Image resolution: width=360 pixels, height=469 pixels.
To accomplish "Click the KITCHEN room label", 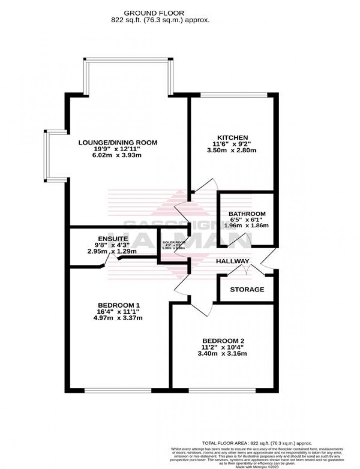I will click(232, 137).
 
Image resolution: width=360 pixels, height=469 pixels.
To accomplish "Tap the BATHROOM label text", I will click(247, 214).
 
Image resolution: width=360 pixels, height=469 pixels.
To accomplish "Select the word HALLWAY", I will click(233, 261).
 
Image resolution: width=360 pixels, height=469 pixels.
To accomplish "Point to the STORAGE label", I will click(247, 289).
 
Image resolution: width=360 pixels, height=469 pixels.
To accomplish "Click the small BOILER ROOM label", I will click(174, 243).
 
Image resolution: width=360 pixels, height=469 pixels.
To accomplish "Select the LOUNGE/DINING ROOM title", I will click(118, 142).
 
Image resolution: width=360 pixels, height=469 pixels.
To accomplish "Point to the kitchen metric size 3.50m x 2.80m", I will click(232, 151).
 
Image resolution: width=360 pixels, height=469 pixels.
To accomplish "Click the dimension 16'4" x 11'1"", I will click(118, 311).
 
